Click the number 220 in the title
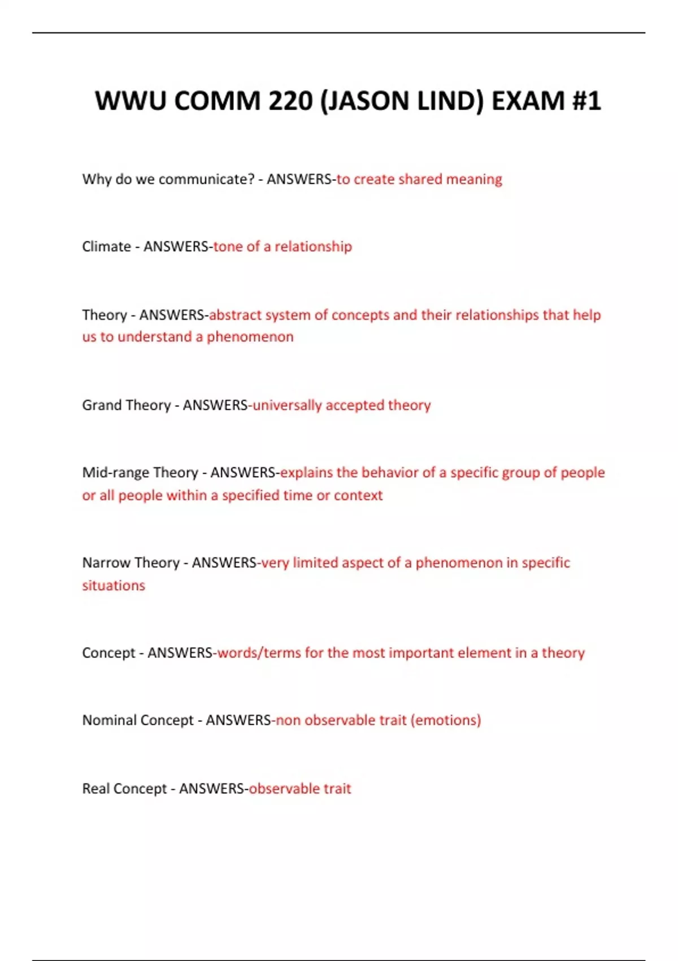(x=290, y=101)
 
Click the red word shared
(x=420, y=179)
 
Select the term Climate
(x=106, y=246)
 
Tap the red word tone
(x=228, y=246)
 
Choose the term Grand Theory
(x=126, y=405)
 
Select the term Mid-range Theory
(x=140, y=473)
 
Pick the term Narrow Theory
(x=131, y=563)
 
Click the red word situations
(x=114, y=586)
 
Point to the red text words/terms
(x=259, y=653)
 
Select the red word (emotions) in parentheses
(x=446, y=720)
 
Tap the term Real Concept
(x=124, y=789)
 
